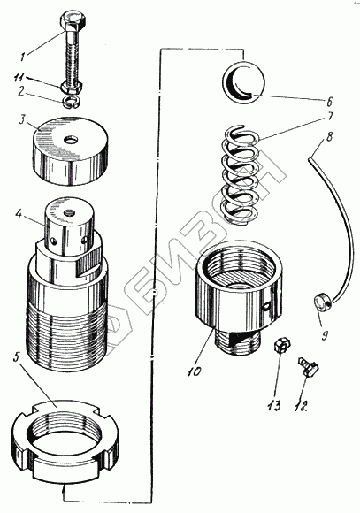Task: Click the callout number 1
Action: click(x=23, y=57)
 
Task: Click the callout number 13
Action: click(x=274, y=406)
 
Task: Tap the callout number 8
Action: click(x=329, y=136)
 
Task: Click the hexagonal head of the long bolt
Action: click(x=73, y=20)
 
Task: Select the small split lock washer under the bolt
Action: click(x=73, y=102)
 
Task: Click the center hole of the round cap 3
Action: click(x=71, y=141)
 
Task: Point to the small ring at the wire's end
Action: click(x=322, y=301)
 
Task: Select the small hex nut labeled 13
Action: click(x=281, y=345)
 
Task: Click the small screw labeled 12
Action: click(x=307, y=366)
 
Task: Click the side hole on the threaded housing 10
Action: click(x=267, y=305)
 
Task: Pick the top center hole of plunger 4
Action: click(x=69, y=214)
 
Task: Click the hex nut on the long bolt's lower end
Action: click(x=71, y=88)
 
